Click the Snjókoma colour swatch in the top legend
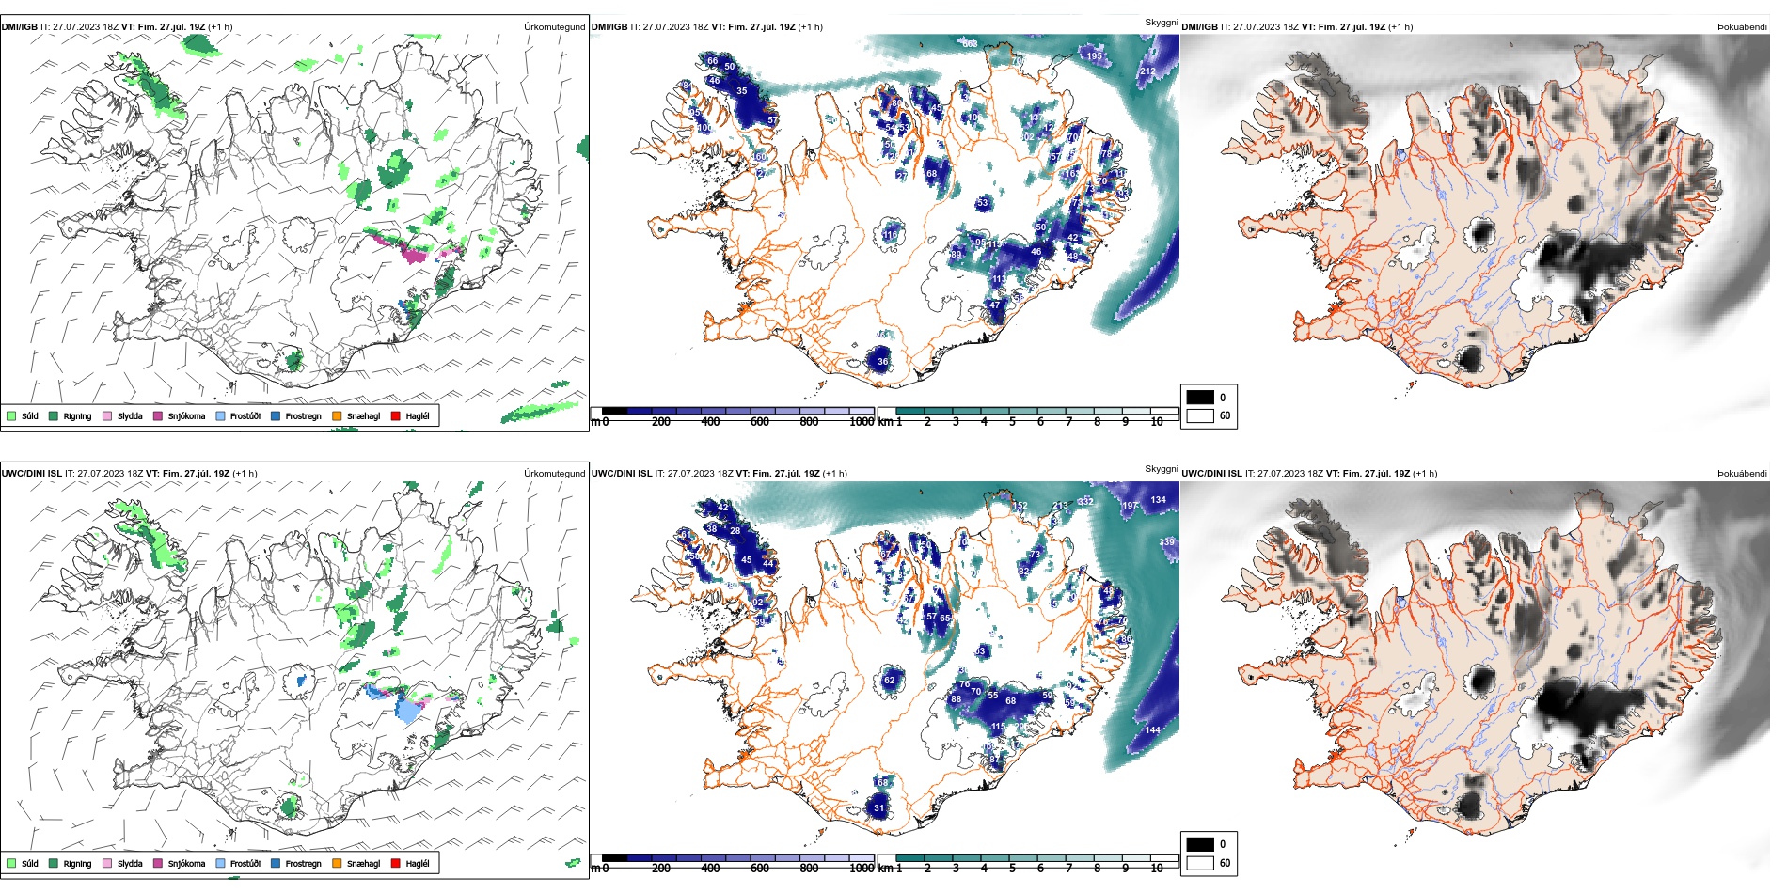(x=158, y=415)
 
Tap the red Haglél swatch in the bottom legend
(x=396, y=863)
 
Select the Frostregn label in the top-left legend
(x=303, y=416)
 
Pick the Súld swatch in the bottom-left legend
(x=11, y=863)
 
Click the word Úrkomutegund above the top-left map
(x=554, y=27)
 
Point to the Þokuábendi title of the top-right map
(x=1742, y=27)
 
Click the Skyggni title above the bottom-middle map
(x=1161, y=468)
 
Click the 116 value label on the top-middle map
(x=890, y=235)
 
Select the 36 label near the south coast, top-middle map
(x=882, y=361)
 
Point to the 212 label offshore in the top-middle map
(x=1147, y=71)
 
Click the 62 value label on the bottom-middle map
(x=890, y=681)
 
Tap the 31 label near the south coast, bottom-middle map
(x=879, y=807)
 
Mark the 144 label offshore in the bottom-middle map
(x=1153, y=730)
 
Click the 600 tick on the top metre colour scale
(x=759, y=422)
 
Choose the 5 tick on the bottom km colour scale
(x=1012, y=869)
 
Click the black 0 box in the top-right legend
(x=1200, y=398)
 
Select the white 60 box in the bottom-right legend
(x=1200, y=863)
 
